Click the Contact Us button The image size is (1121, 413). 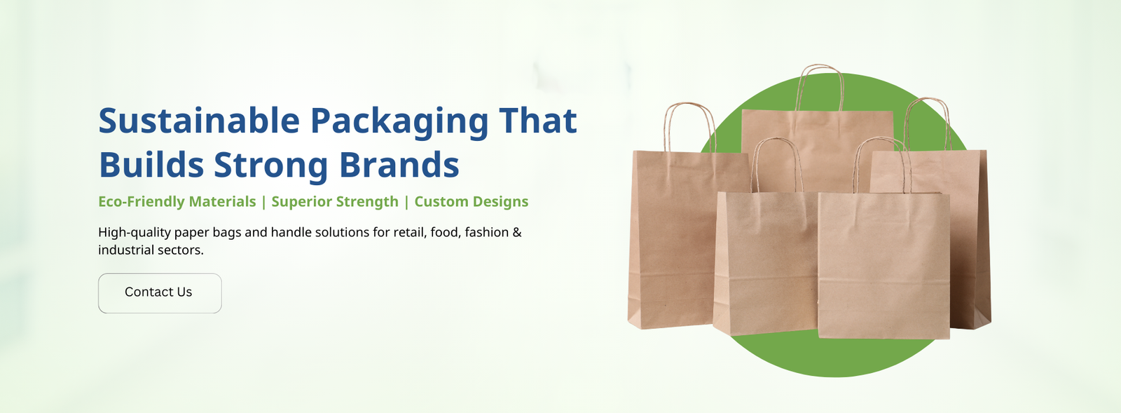pyautogui.click(x=160, y=293)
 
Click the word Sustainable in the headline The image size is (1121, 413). pyautogui.click(x=199, y=121)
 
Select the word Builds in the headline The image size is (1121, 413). pyautogui.click(x=151, y=164)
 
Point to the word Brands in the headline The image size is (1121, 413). pyautogui.click(x=399, y=164)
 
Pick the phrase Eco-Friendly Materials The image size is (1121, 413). pyautogui.click(x=177, y=201)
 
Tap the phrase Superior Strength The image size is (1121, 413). pyautogui.click(x=335, y=202)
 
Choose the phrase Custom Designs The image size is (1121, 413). pyautogui.click(x=472, y=202)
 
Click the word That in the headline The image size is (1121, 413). pyautogui.click(x=538, y=121)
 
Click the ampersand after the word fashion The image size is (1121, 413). pyautogui.click(x=517, y=232)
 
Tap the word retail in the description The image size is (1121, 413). pyautogui.click(x=411, y=232)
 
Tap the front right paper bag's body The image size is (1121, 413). pyautogui.click(x=883, y=265)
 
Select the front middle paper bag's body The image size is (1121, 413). pyautogui.click(x=766, y=263)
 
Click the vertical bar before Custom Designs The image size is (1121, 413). pyautogui.click(x=406, y=202)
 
